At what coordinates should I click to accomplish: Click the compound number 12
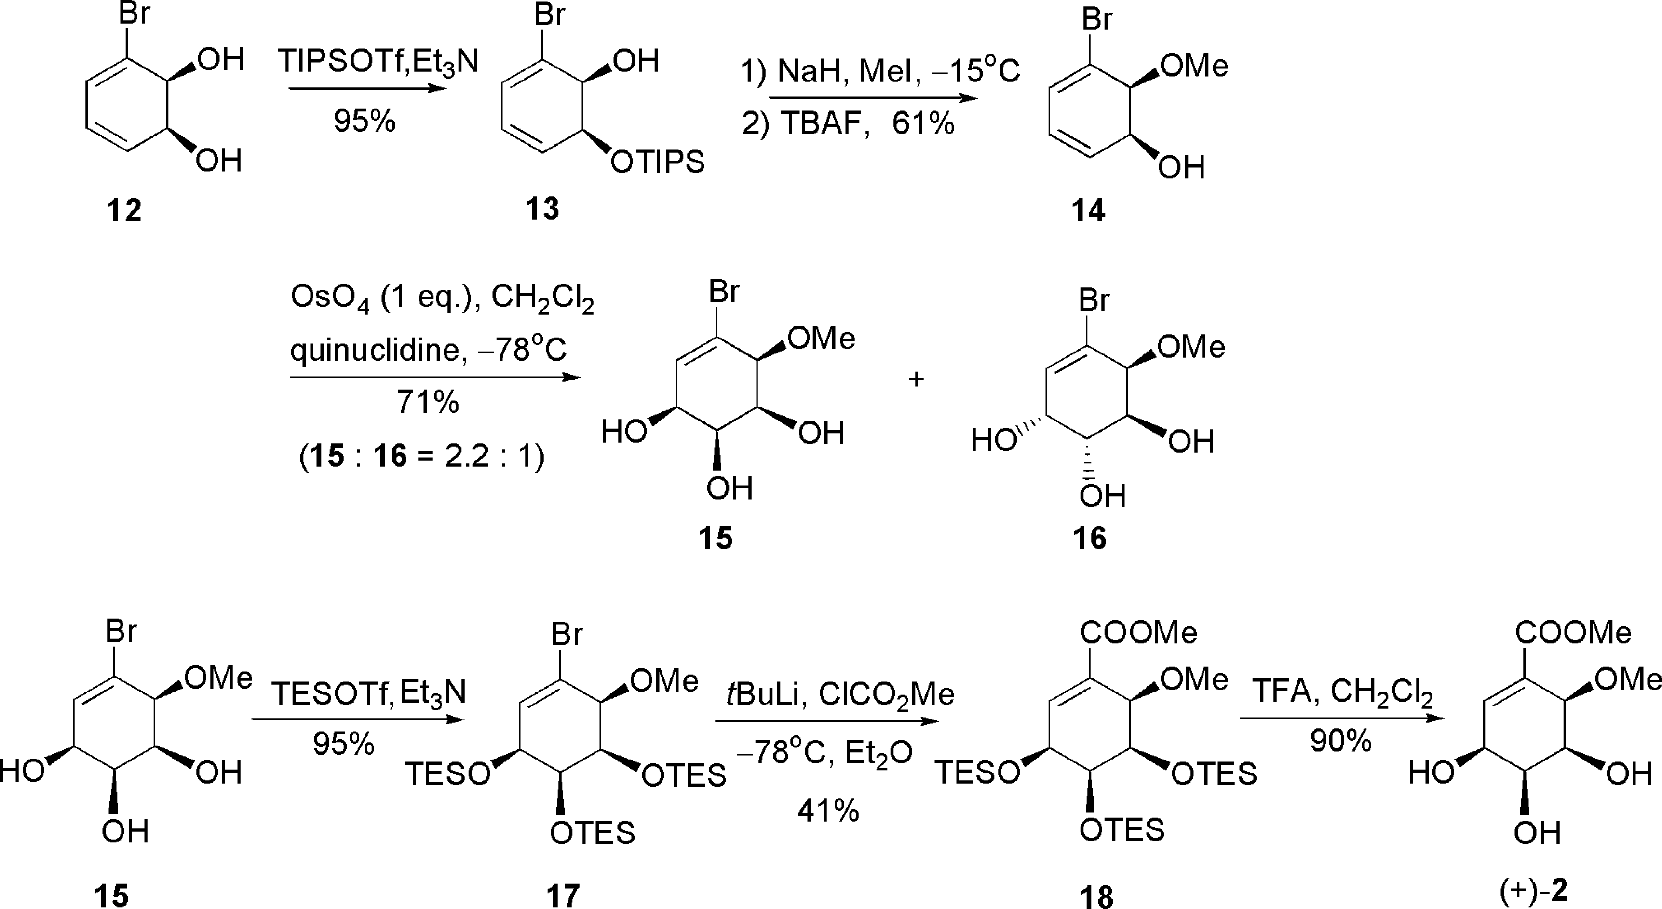click(124, 210)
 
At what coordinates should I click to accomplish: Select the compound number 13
click(542, 208)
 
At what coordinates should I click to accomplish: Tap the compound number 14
click(1088, 210)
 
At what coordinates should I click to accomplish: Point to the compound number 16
click(1090, 537)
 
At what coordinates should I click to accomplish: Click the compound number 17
click(563, 895)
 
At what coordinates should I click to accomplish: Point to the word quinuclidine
click(374, 350)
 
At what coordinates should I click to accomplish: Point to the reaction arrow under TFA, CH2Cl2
click(1342, 718)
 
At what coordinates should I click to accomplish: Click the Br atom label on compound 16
click(1094, 300)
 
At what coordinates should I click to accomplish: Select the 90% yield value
click(1341, 741)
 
